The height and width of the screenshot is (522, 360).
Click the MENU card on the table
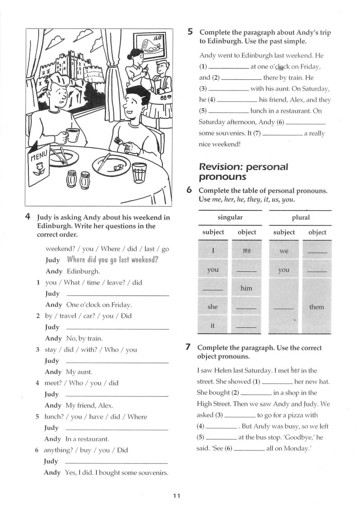click(39, 165)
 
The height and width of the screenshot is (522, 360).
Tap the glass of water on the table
click(139, 172)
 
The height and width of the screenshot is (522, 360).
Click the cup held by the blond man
click(72, 135)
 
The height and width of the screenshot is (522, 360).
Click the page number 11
click(176, 496)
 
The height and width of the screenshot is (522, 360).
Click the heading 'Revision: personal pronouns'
click(243, 171)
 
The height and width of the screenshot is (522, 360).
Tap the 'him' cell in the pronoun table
click(247, 288)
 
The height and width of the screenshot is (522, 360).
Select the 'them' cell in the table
click(316, 307)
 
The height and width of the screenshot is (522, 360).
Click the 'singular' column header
click(230, 217)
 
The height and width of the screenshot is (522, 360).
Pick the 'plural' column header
click(301, 217)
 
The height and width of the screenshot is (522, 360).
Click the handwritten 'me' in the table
click(247, 251)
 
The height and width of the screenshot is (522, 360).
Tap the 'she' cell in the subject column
click(212, 306)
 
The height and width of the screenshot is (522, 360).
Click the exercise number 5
click(190, 32)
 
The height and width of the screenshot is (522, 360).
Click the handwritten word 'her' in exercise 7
click(295, 370)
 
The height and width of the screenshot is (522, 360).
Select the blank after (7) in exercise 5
click(283, 135)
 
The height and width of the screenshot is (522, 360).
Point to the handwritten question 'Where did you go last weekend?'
click(113, 260)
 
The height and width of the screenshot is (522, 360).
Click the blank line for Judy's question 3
click(117, 362)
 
